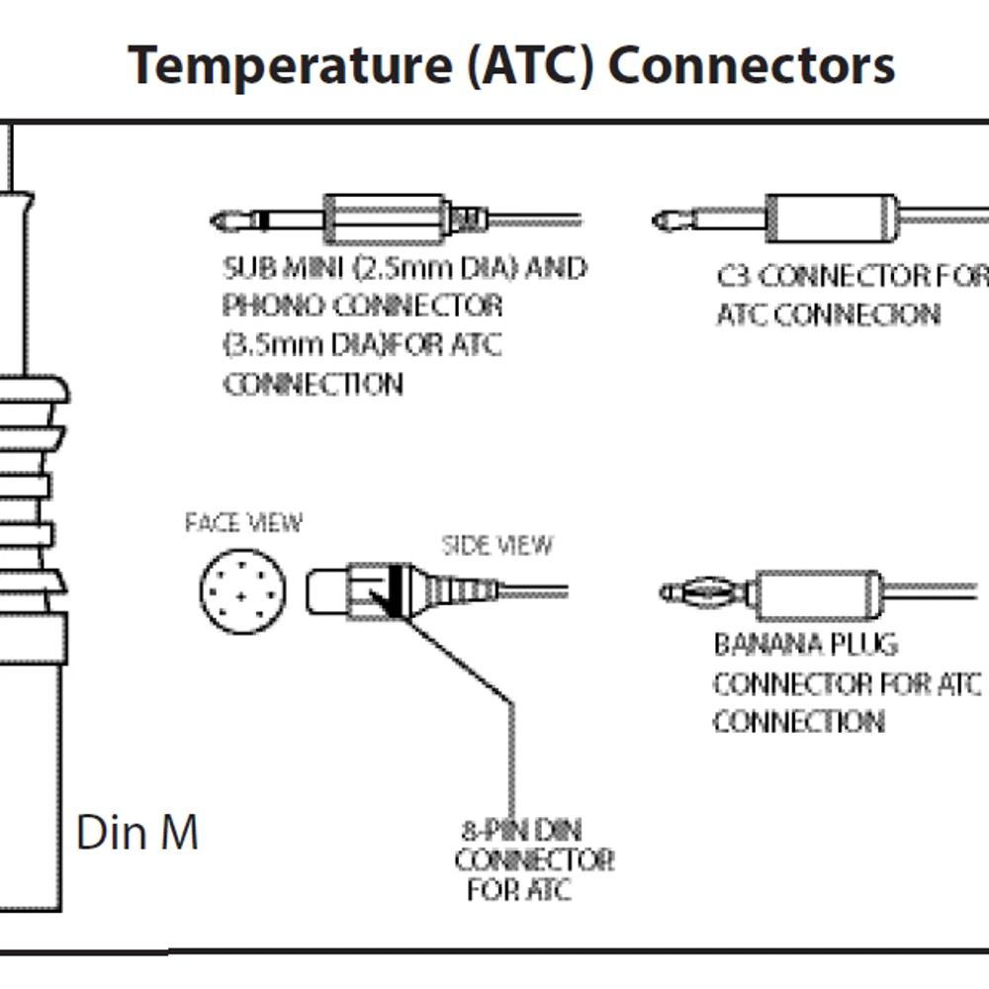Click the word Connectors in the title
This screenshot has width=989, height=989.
pyautogui.click(x=752, y=65)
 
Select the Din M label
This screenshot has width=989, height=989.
pyautogui.click(x=137, y=833)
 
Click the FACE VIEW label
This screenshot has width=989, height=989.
pyautogui.click(x=243, y=523)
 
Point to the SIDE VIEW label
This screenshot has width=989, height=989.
pyautogui.click(x=496, y=545)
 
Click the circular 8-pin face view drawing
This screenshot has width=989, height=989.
pyautogui.click(x=243, y=592)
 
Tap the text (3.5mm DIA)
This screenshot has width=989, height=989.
pyautogui.click(x=297, y=345)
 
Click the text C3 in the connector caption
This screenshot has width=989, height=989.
pyautogui.click(x=733, y=276)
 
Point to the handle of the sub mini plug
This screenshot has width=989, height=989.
pyautogui.click(x=386, y=218)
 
